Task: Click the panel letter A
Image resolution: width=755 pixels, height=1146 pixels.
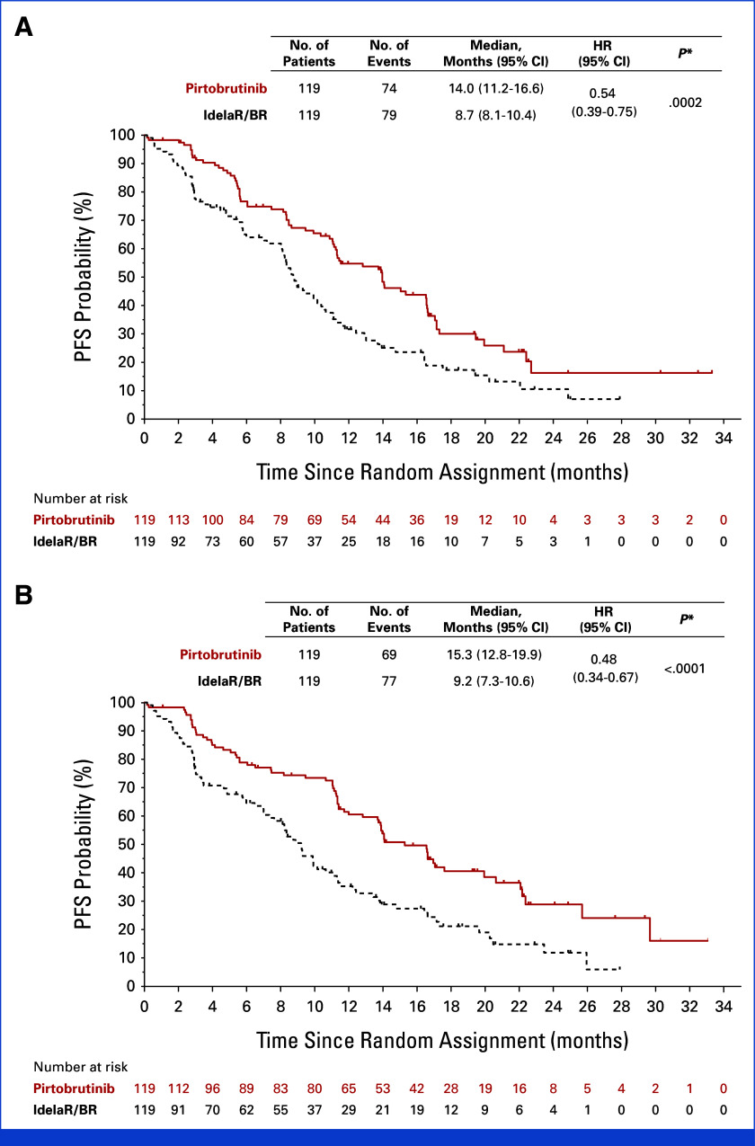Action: [23, 27]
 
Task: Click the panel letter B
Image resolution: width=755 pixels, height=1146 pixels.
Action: [23, 596]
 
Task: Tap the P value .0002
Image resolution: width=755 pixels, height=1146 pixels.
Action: [685, 103]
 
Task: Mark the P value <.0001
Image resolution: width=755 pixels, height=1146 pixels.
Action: [685, 669]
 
